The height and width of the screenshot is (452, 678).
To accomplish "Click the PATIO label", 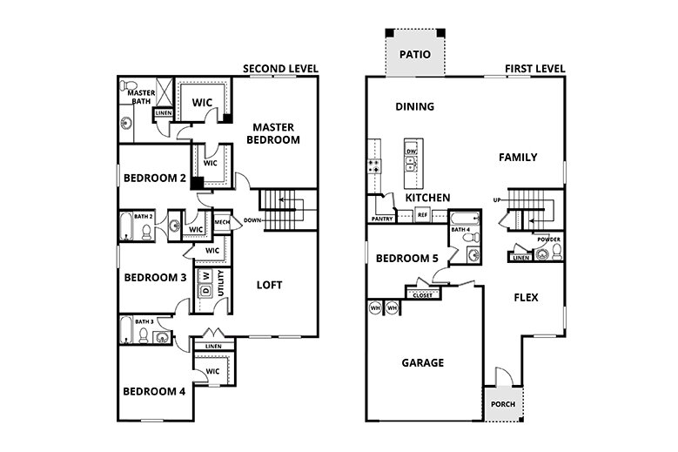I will (415, 54).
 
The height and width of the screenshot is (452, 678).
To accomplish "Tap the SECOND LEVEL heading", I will (280, 69).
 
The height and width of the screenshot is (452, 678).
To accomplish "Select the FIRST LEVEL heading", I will (535, 69).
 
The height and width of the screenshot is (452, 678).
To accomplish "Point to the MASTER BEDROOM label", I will (272, 132).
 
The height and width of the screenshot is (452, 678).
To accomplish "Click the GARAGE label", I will (422, 362).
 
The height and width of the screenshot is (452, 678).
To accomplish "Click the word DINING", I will (414, 107).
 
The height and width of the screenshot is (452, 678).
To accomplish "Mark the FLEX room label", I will (526, 297).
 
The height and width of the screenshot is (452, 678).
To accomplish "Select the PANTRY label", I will (381, 219).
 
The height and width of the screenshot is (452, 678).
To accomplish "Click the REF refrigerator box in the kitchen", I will (422, 214).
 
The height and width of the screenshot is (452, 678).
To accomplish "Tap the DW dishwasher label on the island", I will (412, 152).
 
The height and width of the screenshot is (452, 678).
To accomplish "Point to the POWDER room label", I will (547, 239).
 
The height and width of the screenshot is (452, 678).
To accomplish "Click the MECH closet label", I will (221, 220).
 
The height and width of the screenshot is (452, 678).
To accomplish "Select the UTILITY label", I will (223, 285).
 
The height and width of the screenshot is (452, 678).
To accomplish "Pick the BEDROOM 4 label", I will (154, 391).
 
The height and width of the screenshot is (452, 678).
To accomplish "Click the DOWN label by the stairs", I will (254, 220).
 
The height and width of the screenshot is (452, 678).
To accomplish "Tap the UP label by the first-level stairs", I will (497, 199).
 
